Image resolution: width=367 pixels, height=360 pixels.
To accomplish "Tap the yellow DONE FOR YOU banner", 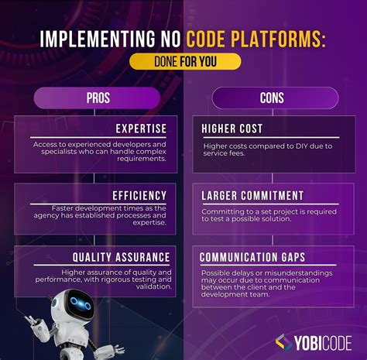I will (184, 62).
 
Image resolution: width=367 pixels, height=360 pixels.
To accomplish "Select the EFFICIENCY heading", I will (140, 195).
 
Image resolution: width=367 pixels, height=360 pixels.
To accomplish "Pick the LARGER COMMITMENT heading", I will (252, 195).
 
